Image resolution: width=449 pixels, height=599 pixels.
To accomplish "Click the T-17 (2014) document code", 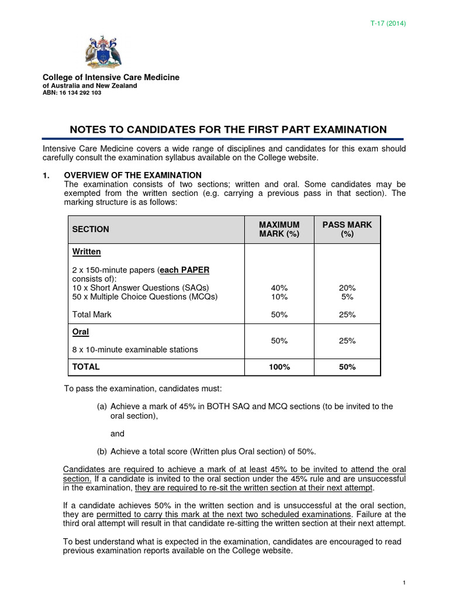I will [389, 23].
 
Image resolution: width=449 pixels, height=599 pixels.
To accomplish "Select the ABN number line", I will [72, 93].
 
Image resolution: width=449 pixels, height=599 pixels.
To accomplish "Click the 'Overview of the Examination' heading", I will [132, 175].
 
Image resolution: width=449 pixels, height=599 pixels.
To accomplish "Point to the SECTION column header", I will [91, 229].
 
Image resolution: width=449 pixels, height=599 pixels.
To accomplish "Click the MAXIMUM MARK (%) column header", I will [279, 229].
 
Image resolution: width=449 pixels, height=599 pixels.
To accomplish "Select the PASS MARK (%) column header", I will [347, 229].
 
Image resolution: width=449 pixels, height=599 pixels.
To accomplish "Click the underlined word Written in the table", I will [87, 252].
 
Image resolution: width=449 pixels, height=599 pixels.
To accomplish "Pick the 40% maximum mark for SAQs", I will [279, 288].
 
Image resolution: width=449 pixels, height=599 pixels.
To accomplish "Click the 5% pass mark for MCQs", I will [347, 297].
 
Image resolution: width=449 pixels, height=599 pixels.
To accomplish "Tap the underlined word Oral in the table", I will [81, 332].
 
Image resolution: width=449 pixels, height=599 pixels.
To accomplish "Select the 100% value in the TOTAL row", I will [279, 367].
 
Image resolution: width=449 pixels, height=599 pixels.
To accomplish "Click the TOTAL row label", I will [86, 367].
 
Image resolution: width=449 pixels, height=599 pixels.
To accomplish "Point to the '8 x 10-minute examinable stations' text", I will [135, 350].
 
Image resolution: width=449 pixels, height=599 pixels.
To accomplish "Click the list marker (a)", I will [102, 406].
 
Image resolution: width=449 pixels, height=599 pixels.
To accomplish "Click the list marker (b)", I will [102, 451].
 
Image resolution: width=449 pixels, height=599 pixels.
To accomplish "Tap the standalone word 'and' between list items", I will [118, 433].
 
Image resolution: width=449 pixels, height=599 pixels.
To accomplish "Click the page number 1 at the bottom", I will [404, 583].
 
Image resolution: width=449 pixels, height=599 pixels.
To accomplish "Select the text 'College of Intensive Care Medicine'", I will [111, 78].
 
